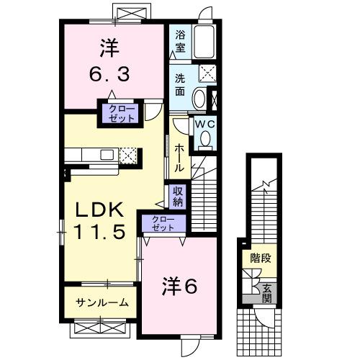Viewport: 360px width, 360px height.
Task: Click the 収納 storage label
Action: (x=178, y=196)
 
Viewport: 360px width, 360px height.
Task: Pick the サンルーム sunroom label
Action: (x=103, y=303)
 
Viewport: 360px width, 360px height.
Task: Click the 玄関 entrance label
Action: (x=267, y=292)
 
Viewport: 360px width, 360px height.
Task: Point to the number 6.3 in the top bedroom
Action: (x=109, y=73)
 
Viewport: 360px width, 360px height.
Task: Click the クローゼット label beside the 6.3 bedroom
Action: (x=122, y=114)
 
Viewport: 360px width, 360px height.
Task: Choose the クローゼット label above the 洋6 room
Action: (x=163, y=223)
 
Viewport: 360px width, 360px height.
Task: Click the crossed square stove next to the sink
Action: (x=129, y=155)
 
